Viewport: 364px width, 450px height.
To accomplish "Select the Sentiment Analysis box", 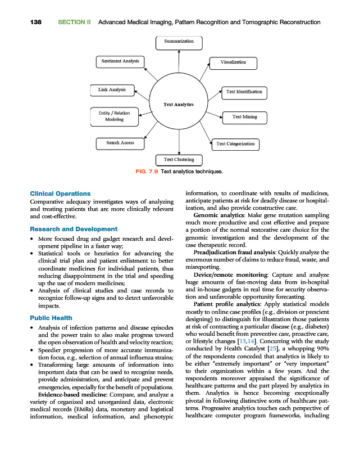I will (x=120, y=61).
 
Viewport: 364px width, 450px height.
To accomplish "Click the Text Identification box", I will (x=243, y=91).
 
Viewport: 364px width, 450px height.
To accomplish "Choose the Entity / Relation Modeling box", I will (x=114, y=116).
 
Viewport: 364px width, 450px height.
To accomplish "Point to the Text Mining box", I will (x=244, y=117).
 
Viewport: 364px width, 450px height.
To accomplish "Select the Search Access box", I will (x=120, y=143).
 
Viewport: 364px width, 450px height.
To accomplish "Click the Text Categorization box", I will (x=235, y=144).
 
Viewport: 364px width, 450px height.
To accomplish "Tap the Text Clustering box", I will (x=179, y=160).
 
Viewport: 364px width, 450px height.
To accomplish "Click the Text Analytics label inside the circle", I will (x=179, y=105).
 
